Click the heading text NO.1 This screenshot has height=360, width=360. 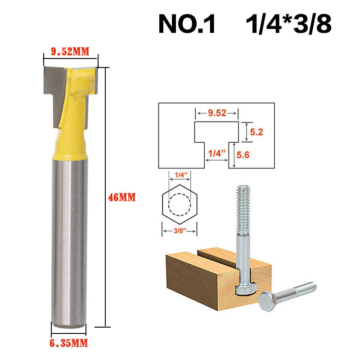pos(187,25)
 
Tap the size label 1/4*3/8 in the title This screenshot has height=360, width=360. pos(288,25)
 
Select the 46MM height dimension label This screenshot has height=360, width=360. pos(121,197)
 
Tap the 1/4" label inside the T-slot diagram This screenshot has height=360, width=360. pos(214,153)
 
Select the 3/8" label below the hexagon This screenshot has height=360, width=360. pos(180,231)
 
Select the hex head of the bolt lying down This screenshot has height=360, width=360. pos(269,300)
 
